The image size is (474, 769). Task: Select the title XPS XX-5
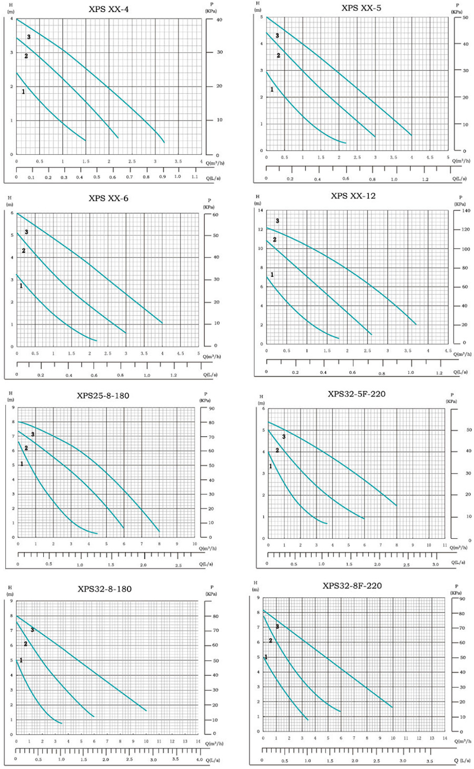click(x=361, y=7)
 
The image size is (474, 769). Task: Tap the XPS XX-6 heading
click(x=108, y=199)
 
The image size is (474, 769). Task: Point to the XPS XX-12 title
click(x=353, y=196)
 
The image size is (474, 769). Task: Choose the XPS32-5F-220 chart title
click(x=357, y=393)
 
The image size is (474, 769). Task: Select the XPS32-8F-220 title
click(x=352, y=586)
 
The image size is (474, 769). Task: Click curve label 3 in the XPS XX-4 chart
click(x=29, y=37)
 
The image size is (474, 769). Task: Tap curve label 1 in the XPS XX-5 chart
click(x=272, y=90)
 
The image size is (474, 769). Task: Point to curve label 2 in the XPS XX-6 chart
click(x=23, y=251)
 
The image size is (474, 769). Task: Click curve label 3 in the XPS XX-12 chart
click(x=277, y=221)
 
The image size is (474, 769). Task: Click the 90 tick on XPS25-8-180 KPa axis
click(x=210, y=409)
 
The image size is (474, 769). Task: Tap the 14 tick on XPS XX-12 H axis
click(x=260, y=211)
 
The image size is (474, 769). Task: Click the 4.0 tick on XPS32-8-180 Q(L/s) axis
click(x=199, y=760)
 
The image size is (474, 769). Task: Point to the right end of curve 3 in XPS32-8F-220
click(x=392, y=707)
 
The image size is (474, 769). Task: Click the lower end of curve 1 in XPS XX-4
click(x=85, y=140)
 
